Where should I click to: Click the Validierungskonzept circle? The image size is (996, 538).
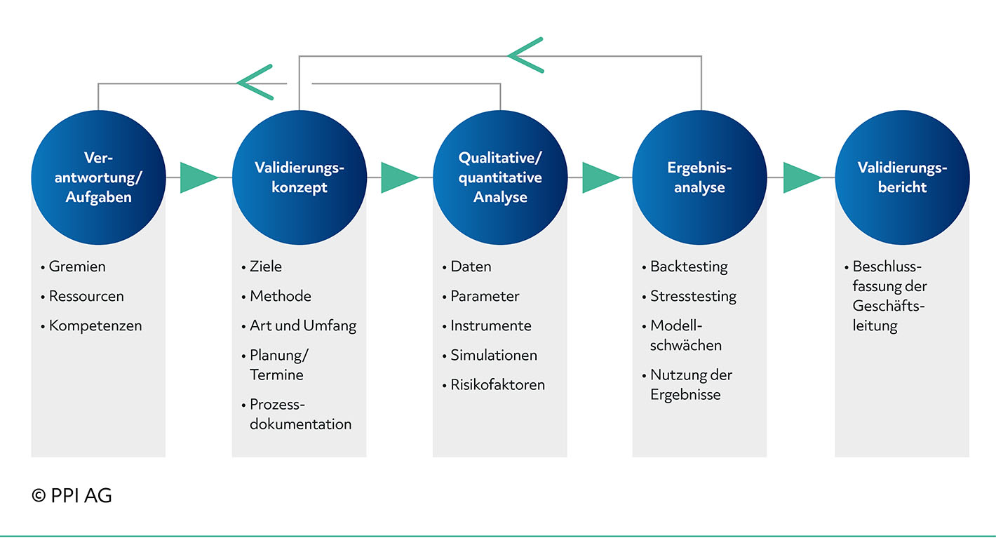tap(300, 177)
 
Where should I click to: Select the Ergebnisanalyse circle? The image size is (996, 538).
tap(699, 177)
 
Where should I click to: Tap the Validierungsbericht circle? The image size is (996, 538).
tap(902, 177)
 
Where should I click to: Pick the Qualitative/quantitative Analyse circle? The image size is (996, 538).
tap(500, 177)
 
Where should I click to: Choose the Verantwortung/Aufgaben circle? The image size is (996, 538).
tap(98, 177)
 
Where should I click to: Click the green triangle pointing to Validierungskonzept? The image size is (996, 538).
tap(198, 178)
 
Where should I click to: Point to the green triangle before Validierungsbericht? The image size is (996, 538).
tap(801, 178)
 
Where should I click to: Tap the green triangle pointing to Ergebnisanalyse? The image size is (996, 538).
tap(600, 178)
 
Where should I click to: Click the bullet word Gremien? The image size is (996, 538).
tap(77, 267)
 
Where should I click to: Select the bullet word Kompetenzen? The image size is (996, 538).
tap(95, 326)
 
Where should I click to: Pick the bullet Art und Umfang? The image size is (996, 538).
tap(303, 326)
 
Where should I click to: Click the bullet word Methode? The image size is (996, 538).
tap(280, 296)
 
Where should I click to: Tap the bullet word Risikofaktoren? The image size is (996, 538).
tap(497, 384)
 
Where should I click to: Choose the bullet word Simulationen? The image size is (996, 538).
tap(494, 355)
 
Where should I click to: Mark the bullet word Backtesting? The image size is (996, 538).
tap(689, 267)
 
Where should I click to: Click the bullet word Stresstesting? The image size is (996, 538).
tap(693, 297)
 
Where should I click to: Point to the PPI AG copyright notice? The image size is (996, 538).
tap(72, 495)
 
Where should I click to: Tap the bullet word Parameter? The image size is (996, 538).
tap(485, 296)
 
